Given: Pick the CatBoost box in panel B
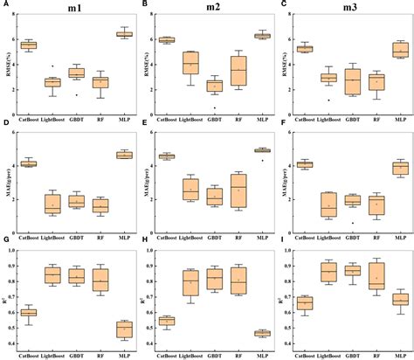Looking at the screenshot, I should (x=165, y=39).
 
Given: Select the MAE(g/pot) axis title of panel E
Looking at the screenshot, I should (x=145, y=181).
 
